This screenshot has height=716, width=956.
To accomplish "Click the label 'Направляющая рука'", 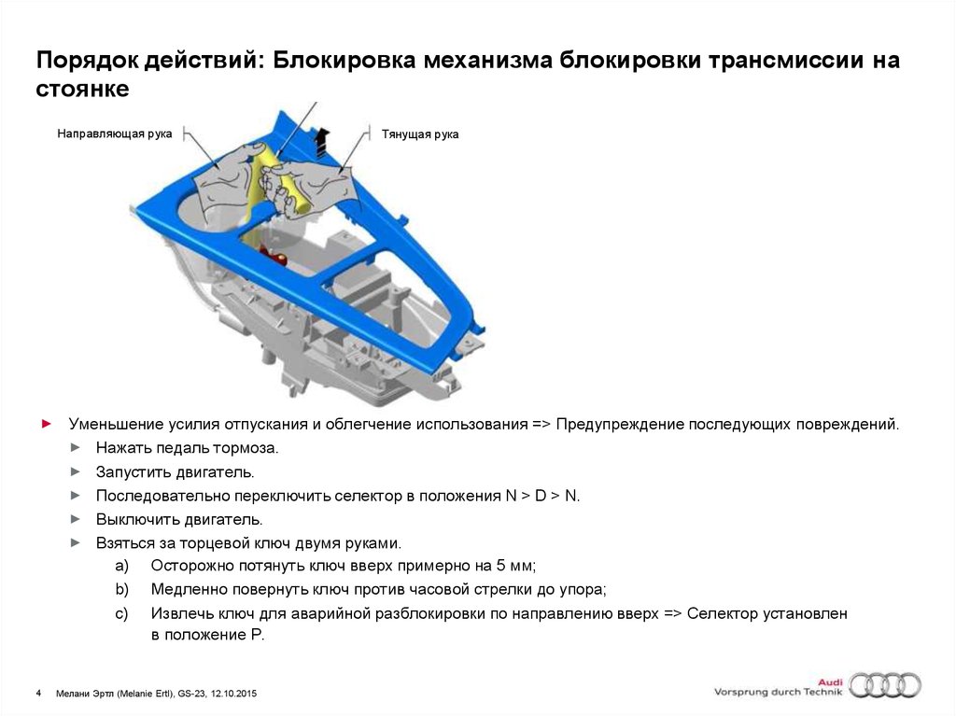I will [114, 134].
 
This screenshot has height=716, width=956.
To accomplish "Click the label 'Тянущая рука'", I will [419, 134].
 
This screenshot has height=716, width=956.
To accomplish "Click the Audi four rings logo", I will [884, 685].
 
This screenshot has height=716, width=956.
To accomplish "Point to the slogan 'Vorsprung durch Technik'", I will [778, 692].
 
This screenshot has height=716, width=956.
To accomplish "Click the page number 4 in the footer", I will [38, 694].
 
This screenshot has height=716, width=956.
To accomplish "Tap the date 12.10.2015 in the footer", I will [232, 694].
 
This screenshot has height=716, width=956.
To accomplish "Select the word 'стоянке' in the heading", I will [82, 91].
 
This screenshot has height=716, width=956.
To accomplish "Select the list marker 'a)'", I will [121, 567].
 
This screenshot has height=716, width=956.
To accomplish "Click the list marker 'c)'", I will [121, 614].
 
